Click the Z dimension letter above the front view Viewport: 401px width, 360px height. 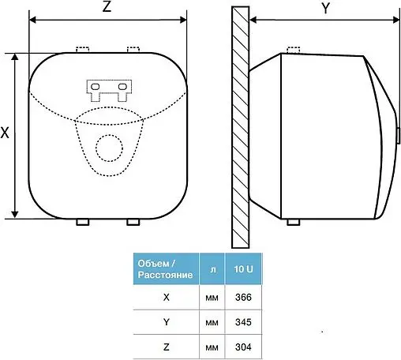107,6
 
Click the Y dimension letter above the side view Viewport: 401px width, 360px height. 326,8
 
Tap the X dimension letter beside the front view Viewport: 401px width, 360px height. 5,133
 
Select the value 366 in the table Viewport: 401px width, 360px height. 243,298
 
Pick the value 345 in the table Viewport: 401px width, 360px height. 243,322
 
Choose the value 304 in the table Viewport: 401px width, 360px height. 243,347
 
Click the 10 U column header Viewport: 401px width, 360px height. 243,269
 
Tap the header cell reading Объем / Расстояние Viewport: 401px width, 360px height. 166,269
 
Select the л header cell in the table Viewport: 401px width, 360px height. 212,269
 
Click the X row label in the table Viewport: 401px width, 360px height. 167,298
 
